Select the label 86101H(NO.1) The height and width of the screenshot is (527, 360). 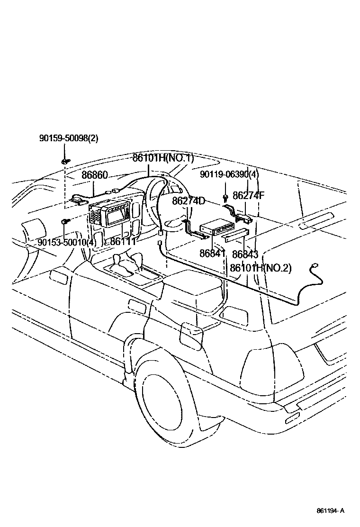[x=163, y=158]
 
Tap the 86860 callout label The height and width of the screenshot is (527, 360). [x=95, y=175]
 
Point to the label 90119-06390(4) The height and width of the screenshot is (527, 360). [x=229, y=174]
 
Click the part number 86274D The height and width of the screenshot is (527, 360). [x=189, y=201]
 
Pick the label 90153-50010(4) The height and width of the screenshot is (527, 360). [x=67, y=243]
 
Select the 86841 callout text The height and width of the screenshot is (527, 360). [x=212, y=253]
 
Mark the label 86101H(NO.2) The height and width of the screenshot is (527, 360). [x=261, y=268]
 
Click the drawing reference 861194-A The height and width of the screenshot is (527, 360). [x=331, y=510]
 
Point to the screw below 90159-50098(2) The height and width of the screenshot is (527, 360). [x=64, y=161]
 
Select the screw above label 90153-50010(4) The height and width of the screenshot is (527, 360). [x=64, y=221]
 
